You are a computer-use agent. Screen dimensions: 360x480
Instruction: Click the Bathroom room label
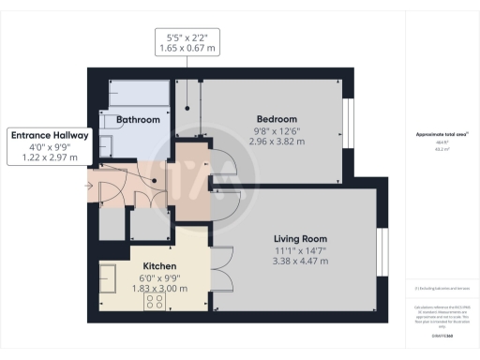[138, 120]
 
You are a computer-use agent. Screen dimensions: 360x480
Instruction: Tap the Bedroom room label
[277, 119]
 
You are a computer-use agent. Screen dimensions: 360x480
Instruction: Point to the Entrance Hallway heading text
[50, 135]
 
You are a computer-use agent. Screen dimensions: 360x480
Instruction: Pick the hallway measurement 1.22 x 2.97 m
[50, 158]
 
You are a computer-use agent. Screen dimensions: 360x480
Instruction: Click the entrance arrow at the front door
[88, 186]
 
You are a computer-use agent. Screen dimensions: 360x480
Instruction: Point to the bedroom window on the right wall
[346, 119]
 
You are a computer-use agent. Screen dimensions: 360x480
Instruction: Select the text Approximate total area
[441, 135]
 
